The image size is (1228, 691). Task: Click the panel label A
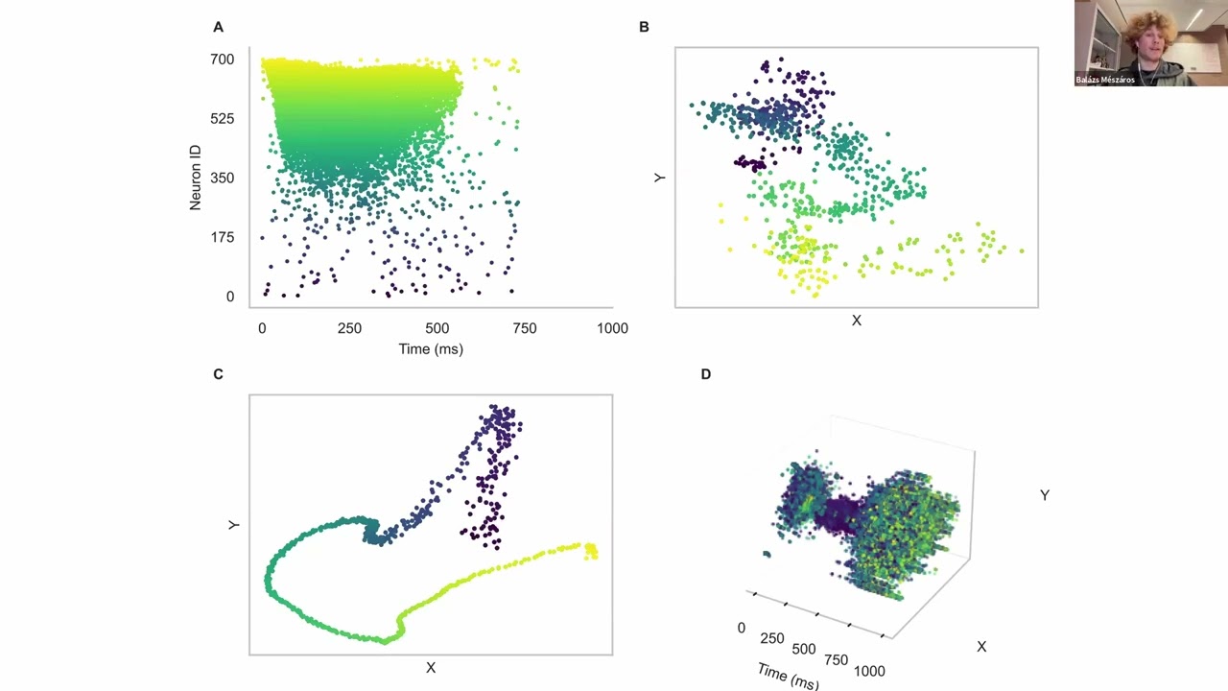218,27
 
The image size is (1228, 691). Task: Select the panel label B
644,27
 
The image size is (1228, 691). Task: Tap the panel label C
218,374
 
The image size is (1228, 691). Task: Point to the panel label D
705,374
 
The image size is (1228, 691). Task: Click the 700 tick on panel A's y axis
223,60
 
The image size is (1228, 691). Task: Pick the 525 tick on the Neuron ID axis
223,119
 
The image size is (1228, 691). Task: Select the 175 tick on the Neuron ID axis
223,237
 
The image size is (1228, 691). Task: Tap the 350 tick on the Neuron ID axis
223,178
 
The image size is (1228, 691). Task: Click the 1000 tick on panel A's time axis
612,328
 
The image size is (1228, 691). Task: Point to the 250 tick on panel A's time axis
349,328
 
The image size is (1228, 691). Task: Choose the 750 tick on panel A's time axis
524,328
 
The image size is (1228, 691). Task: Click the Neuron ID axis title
196,178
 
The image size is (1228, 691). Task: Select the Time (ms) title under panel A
431,349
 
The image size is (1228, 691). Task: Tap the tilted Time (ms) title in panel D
787,675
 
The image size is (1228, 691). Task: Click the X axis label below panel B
857,321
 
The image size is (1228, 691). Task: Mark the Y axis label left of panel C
234,525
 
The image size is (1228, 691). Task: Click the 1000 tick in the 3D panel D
869,671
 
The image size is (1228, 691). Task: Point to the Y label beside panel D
1045,495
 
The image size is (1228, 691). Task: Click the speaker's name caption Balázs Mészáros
1105,80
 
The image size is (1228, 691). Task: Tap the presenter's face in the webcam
1148,41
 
